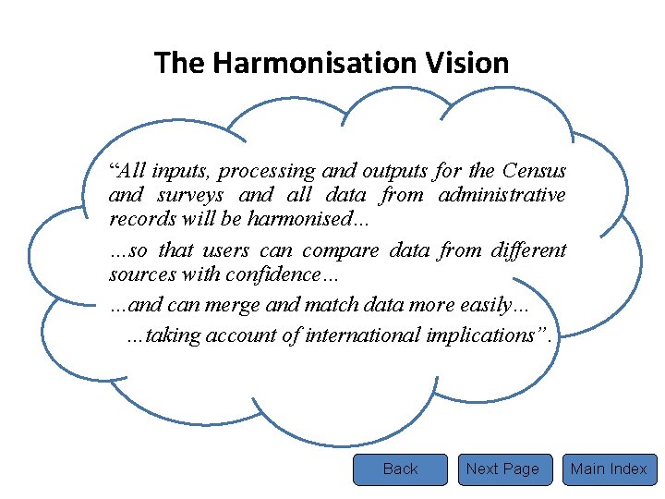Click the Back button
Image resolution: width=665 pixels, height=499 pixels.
click(x=400, y=469)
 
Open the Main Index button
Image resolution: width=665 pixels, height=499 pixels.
click(x=609, y=469)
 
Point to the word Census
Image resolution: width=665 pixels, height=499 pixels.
click(x=535, y=171)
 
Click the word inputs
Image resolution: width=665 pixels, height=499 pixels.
click(x=181, y=171)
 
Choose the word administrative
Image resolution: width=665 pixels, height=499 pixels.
click(x=502, y=195)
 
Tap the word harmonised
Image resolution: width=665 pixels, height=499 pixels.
click(x=295, y=219)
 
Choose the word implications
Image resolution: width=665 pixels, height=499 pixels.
click(x=487, y=335)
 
